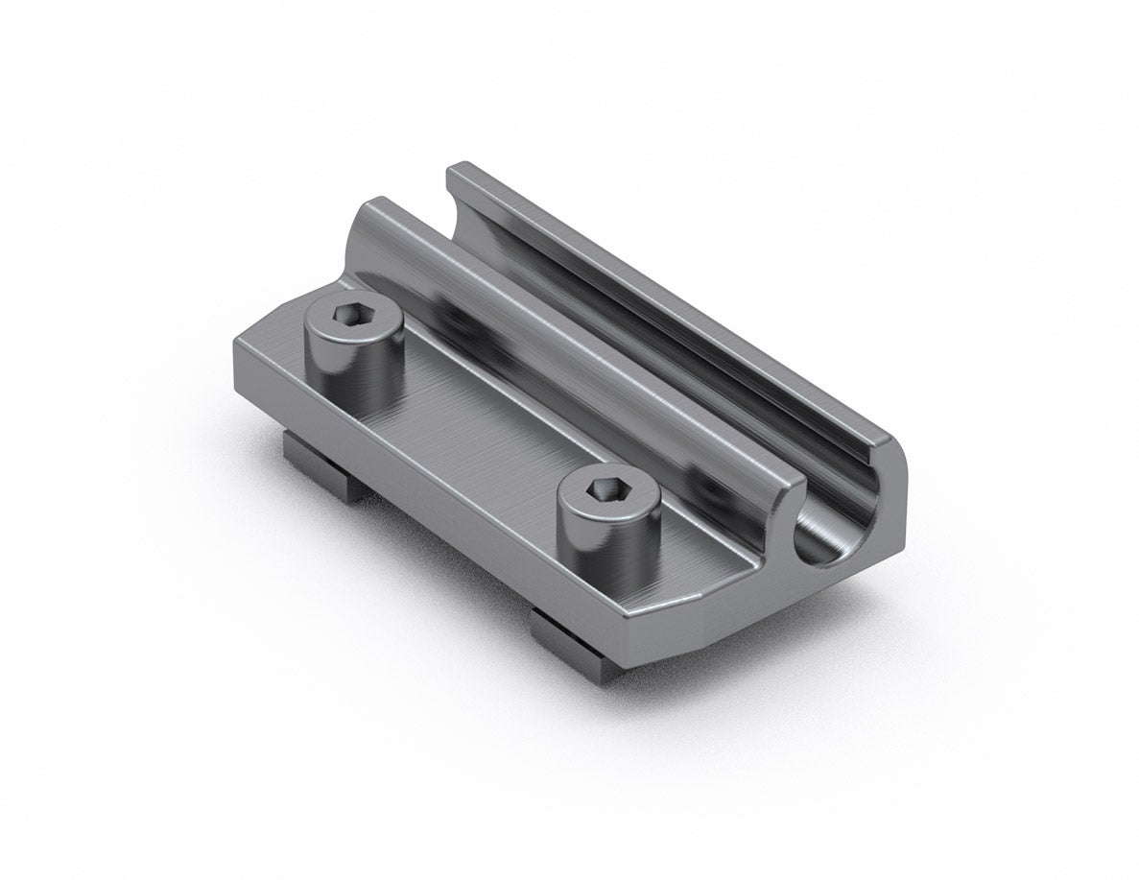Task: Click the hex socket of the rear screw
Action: (346, 316)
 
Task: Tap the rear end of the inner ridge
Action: (379, 216)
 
